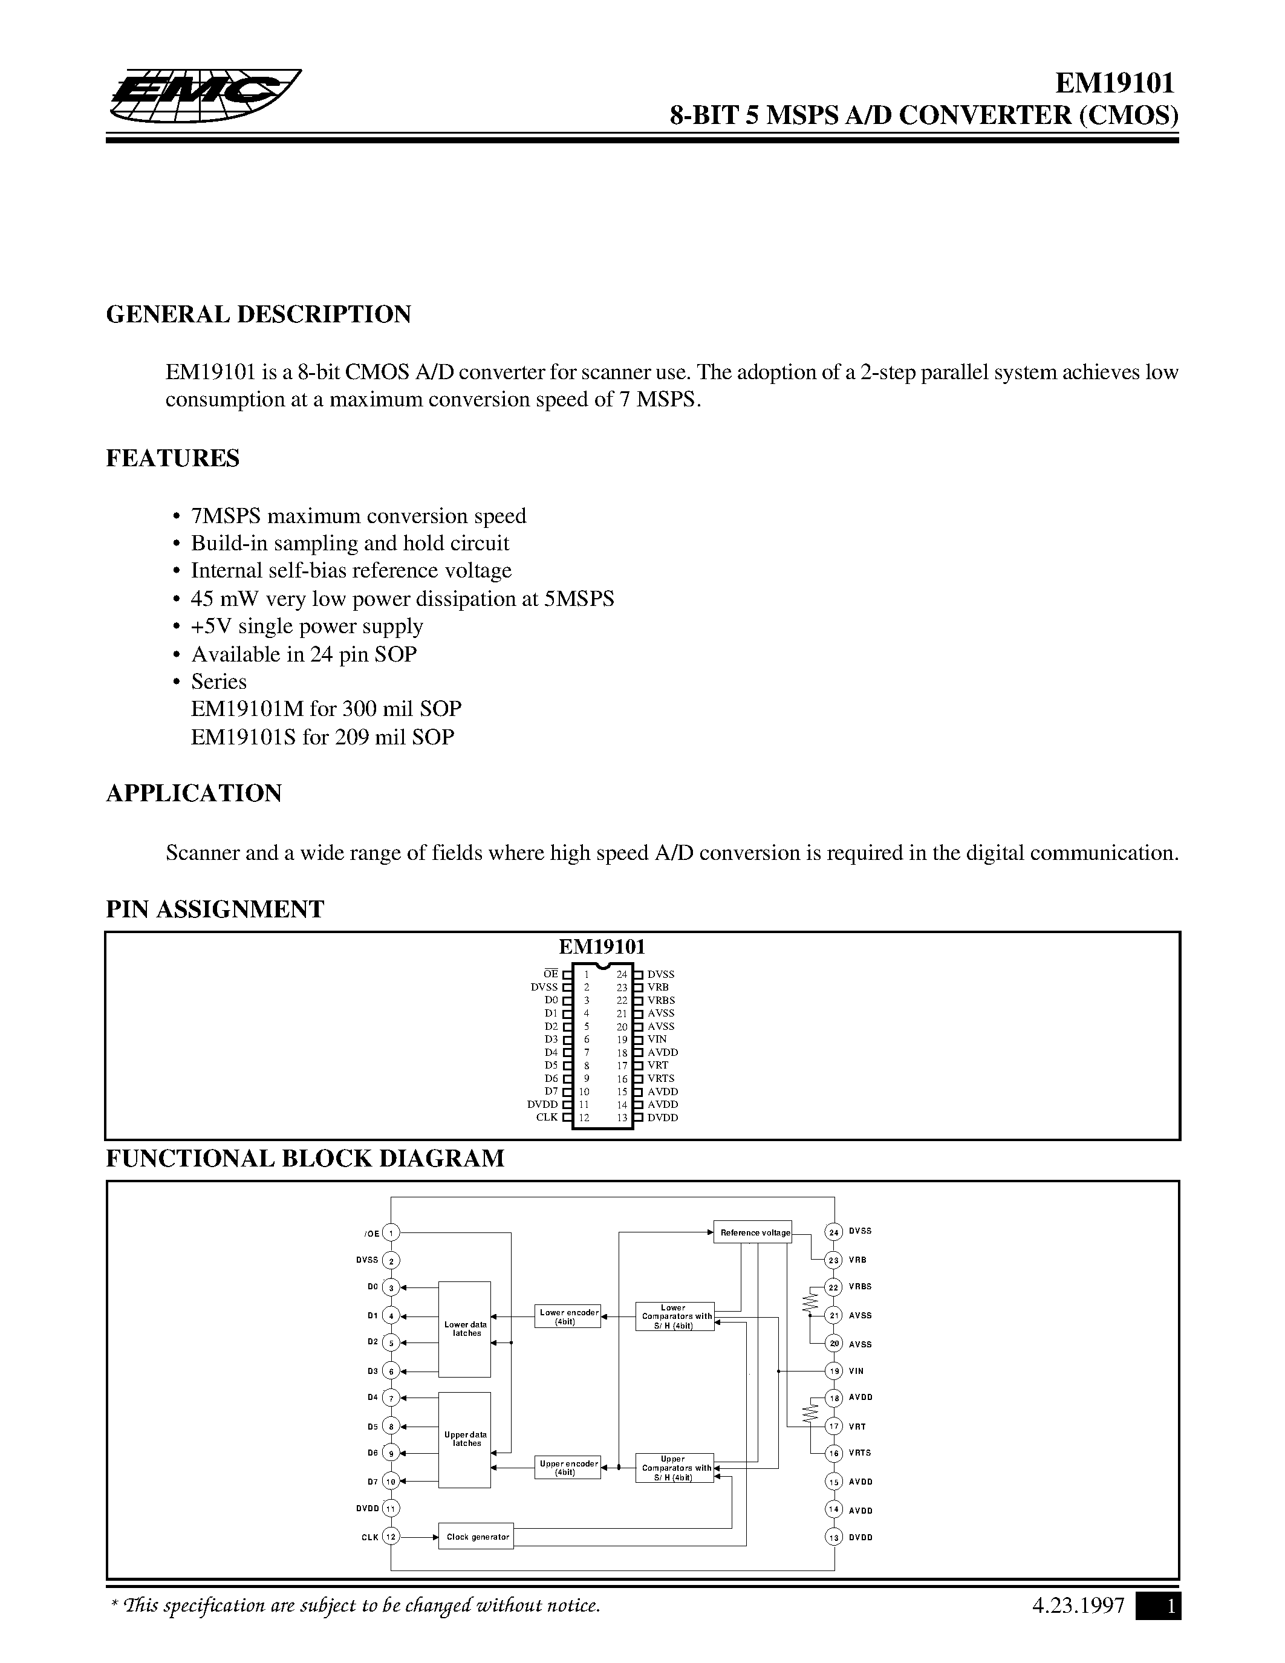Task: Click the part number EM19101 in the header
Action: coord(1114,82)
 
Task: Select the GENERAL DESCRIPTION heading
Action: coord(258,314)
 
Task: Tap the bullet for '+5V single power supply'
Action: coord(177,626)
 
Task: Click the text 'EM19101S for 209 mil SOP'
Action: coord(322,737)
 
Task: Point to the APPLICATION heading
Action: coord(194,793)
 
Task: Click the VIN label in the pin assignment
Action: coord(657,1038)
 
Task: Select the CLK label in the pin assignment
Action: coord(547,1117)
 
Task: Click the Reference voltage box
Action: coord(752,1232)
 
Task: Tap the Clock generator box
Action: coord(477,1537)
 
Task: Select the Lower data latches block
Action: coord(464,1329)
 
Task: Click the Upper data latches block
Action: coord(464,1439)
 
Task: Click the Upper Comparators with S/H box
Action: coord(674,1468)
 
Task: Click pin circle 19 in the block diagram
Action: coord(834,1370)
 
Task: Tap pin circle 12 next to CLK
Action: coord(391,1537)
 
